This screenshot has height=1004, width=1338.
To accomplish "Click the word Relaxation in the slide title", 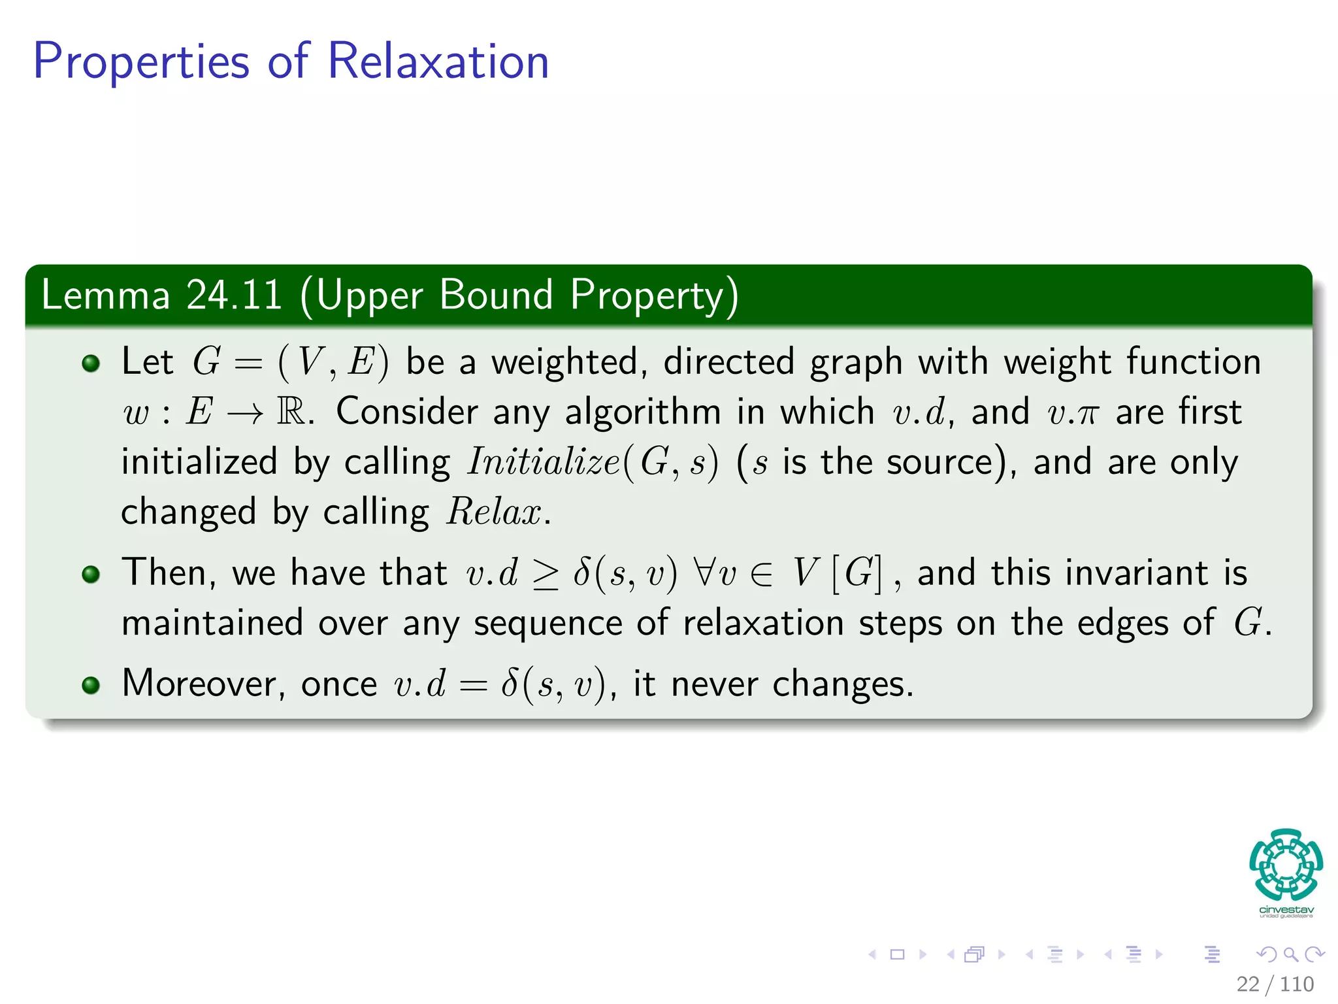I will pyautogui.click(x=438, y=61).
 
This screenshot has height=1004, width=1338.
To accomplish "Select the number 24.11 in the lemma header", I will pyautogui.click(x=234, y=295).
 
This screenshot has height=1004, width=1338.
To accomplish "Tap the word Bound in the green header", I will pyautogui.click(x=497, y=295).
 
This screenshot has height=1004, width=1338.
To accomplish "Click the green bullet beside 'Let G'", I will pyautogui.click(x=91, y=363).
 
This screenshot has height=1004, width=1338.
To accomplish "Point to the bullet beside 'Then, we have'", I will pyautogui.click(x=91, y=575).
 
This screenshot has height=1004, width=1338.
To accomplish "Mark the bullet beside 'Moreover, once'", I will pyautogui.click(x=91, y=685).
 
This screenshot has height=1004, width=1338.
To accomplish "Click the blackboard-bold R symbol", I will pyautogui.click(x=291, y=412).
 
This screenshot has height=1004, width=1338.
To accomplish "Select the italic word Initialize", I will pyautogui.click(x=544, y=462).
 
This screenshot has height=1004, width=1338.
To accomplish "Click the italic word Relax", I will pyautogui.click(x=495, y=512).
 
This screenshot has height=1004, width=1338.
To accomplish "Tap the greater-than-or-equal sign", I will pyautogui.click(x=546, y=574).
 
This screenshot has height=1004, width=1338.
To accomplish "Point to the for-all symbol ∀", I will pyautogui.click(x=705, y=573).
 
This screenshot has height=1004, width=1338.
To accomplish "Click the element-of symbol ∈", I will pyautogui.click(x=761, y=574).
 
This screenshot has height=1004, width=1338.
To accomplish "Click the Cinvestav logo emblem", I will pyautogui.click(x=1286, y=865).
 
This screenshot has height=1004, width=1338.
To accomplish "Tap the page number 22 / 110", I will pyautogui.click(x=1275, y=984).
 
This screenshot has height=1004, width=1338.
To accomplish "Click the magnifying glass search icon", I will pyautogui.click(x=1290, y=954).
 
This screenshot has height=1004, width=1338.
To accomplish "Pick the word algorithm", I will pyautogui.click(x=643, y=412).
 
